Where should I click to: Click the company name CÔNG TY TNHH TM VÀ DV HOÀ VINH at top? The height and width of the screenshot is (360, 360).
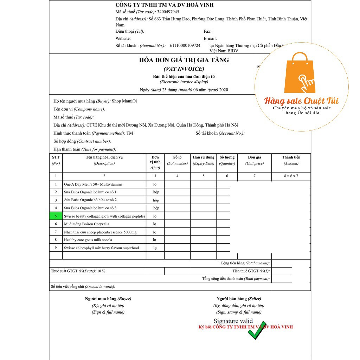(165, 5)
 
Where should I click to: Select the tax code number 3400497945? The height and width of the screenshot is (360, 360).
(168, 12)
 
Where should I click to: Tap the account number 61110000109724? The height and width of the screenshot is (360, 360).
(185, 46)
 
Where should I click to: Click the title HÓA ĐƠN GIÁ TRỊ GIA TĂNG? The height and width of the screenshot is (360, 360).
(184, 60)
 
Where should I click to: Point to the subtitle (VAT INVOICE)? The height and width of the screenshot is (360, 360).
(184, 69)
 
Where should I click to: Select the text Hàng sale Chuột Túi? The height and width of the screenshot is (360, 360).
(301, 101)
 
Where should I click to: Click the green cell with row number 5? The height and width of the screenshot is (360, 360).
(56, 216)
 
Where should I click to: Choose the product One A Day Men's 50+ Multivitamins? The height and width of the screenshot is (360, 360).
(93, 184)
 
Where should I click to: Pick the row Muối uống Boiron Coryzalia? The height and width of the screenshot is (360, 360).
(86, 224)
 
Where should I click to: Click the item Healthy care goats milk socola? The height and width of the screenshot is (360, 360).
(88, 240)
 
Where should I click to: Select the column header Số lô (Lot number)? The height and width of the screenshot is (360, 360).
(177, 160)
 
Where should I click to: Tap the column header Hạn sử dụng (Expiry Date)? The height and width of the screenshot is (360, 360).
(203, 160)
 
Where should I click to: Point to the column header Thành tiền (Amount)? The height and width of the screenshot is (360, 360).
(291, 160)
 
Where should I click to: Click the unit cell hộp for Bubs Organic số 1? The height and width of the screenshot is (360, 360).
(156, 192)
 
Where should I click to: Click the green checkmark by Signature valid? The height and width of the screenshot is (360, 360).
(257, 330)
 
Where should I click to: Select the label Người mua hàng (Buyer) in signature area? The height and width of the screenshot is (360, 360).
(108, 299)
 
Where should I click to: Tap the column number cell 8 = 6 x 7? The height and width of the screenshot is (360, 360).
(291, 176)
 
